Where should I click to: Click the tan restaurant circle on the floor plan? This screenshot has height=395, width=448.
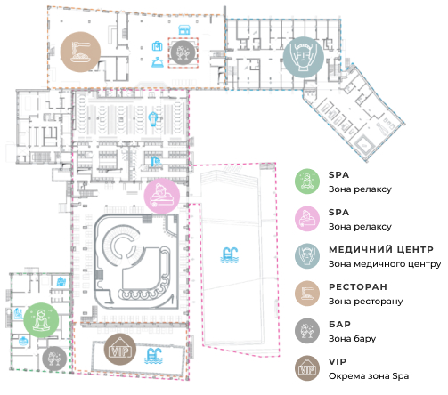click(80, 52)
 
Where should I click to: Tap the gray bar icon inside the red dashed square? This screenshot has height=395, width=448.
click(183, 52)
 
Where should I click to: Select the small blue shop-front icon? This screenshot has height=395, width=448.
click(184, 29)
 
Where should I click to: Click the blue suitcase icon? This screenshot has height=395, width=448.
click(157, 46)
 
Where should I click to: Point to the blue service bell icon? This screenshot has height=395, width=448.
click(158, 62)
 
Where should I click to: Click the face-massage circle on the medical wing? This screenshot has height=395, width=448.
click(303, 58)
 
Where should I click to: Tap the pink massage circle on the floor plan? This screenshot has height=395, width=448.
click(162, 196)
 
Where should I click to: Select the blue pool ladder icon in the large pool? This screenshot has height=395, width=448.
click(229, 255)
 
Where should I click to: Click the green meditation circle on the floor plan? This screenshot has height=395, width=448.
click(41, 320)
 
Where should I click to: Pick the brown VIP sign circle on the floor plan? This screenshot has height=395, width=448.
click(120, 349)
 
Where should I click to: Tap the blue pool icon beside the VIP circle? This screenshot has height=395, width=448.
click(153, 356)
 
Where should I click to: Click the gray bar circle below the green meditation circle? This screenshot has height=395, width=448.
click(54, 359)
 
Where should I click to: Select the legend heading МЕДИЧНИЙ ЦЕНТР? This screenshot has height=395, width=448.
click(381, 250)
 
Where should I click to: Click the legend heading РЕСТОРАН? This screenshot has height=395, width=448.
click(358, 287)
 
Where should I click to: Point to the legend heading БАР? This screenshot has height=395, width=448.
click(339, 325)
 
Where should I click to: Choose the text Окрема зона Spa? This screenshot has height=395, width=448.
click(369, 376)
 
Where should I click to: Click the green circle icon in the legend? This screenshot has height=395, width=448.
click(307, 181)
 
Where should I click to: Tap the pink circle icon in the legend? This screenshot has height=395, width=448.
click(307, 219)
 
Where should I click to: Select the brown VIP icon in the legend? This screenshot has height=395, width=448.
click(307, 368)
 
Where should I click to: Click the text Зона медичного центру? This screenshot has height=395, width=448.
click(385, 264)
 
